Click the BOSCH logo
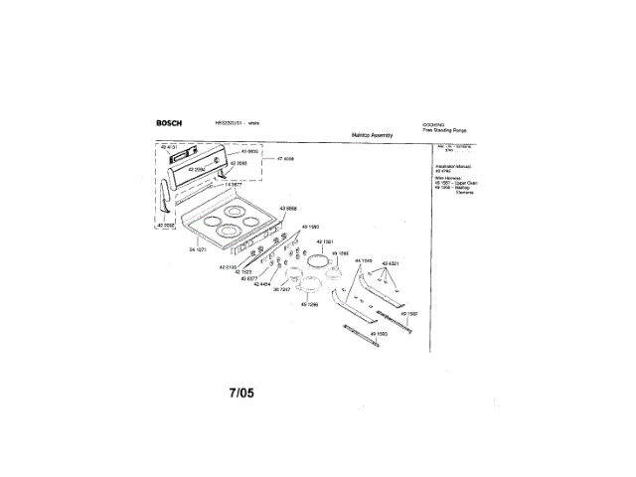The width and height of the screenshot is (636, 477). click(168, 123)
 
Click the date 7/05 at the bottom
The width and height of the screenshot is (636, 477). click(241, 393)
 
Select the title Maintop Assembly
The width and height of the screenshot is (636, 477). click(373, 134)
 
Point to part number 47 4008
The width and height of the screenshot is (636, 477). click(285, 158)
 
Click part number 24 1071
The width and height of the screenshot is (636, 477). click(198, 249)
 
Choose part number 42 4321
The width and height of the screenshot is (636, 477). click(391, 263)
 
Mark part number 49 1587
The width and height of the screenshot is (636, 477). click(408, 314)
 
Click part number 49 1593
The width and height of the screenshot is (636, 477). click(379, 332)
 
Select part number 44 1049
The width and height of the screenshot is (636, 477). click(363, 260)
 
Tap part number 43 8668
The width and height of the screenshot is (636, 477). click(288, 208)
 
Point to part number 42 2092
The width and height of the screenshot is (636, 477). click(165, 226)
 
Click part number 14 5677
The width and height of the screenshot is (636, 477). click(233, 185)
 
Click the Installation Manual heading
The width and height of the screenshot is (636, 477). click(451, 166)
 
